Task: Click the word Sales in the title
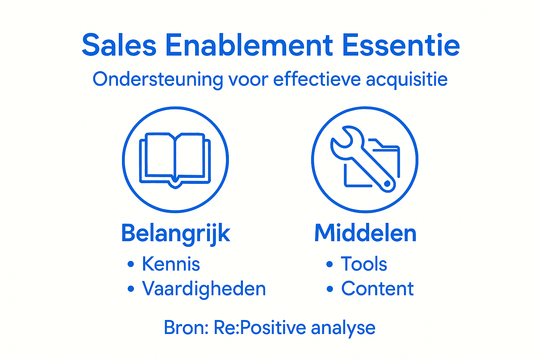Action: coord(119,45)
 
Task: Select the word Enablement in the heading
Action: coord(249,45)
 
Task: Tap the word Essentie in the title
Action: coord(401,45)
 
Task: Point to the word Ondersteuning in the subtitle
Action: coord(157,79)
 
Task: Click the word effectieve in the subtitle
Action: coord(317,79)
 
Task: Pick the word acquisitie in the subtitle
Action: coord(406,80)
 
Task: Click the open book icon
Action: coord(175,159)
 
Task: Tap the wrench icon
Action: coord(362,158)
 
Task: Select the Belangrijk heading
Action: coord(175,233)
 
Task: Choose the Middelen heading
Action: coord(365,233)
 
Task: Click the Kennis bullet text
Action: coord(171,264)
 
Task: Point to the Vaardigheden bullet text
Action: coord(204,289)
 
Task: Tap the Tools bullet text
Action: coord(364,264)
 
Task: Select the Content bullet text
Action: coord(377,289)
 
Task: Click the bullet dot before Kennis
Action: coord(131,264)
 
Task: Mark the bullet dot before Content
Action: coord(329,289)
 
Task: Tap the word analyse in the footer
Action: coord(343,328)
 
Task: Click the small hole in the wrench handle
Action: coord(387,184)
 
